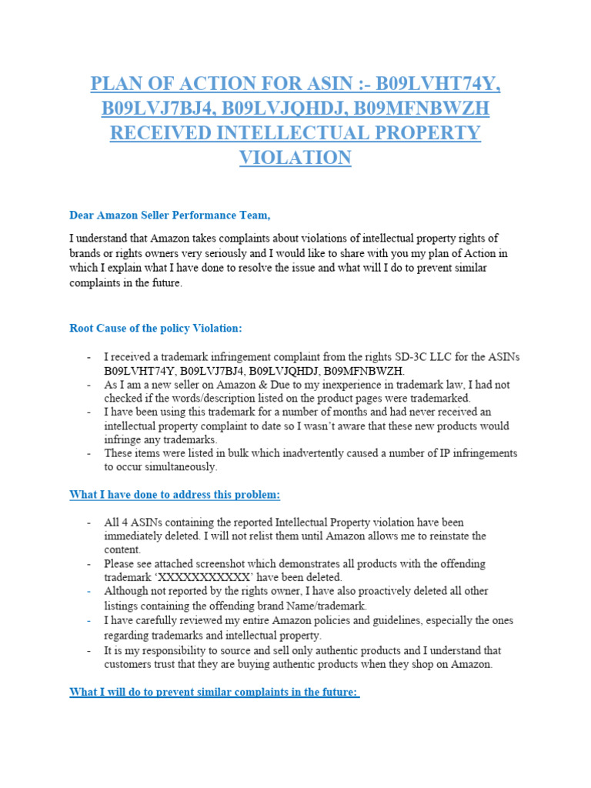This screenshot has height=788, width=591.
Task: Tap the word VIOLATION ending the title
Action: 295,158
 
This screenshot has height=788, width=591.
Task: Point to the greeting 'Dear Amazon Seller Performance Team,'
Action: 170,215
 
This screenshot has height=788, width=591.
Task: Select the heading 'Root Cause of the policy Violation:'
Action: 155,328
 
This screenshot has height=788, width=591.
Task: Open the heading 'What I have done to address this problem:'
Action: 180,494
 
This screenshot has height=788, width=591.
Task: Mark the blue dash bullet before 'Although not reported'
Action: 89,591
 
